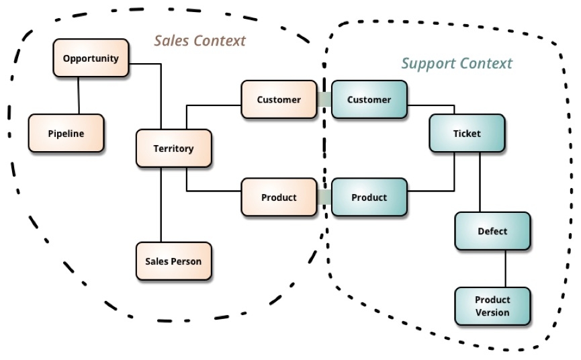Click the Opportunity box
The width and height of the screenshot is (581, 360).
pos(91,58)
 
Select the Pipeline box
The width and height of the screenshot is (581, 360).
pos(66,133)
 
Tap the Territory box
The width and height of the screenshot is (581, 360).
pos(174,148)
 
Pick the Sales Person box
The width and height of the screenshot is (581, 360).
pos(173,261)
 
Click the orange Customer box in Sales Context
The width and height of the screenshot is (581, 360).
pos(279,100)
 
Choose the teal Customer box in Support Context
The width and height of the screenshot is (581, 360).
pos(369,100)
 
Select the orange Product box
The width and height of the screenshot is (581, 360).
pos(279,197)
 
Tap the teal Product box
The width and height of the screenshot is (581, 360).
pos(369,197)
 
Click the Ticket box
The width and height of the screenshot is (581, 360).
pos(466,133)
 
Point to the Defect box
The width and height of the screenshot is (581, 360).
pos(492,231)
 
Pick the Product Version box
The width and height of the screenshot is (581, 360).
pos(492,306)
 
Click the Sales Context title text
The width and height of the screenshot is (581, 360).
pos(200,40)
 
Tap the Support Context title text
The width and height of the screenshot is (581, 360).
pos(457,64)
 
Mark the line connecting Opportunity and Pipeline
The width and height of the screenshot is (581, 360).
pos(79,95)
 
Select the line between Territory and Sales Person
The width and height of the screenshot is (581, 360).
pos(161,205)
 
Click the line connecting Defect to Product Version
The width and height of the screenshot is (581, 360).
pos(505,269)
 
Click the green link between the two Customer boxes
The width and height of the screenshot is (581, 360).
pos(324,100)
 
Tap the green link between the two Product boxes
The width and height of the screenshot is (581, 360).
pos(324,197)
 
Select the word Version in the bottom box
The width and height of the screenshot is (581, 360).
pos(492,312)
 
